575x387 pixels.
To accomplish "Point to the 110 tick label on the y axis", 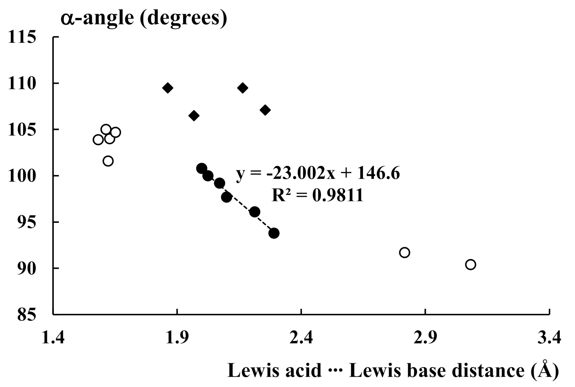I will (22, 84).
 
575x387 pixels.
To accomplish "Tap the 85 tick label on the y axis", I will (27, 315).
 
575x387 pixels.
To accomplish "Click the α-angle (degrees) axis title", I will (144, 18).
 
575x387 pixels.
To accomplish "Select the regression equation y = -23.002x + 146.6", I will (318, 174).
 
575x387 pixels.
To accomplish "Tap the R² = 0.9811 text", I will (317, 195).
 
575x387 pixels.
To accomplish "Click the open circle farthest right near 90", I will (470, 264).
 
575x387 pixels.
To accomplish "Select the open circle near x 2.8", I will (404, 253).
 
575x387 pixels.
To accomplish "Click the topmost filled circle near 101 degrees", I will (202, 168).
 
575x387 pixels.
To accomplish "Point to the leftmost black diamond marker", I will (168, 88).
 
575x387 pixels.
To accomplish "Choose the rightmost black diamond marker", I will (265, 110).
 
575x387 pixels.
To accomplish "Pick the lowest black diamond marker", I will (194, 116).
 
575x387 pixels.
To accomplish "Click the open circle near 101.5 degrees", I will (108, 161).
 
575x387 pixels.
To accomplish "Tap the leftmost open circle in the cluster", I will (98, 139).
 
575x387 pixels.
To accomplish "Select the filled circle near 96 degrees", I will (254, 212).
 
